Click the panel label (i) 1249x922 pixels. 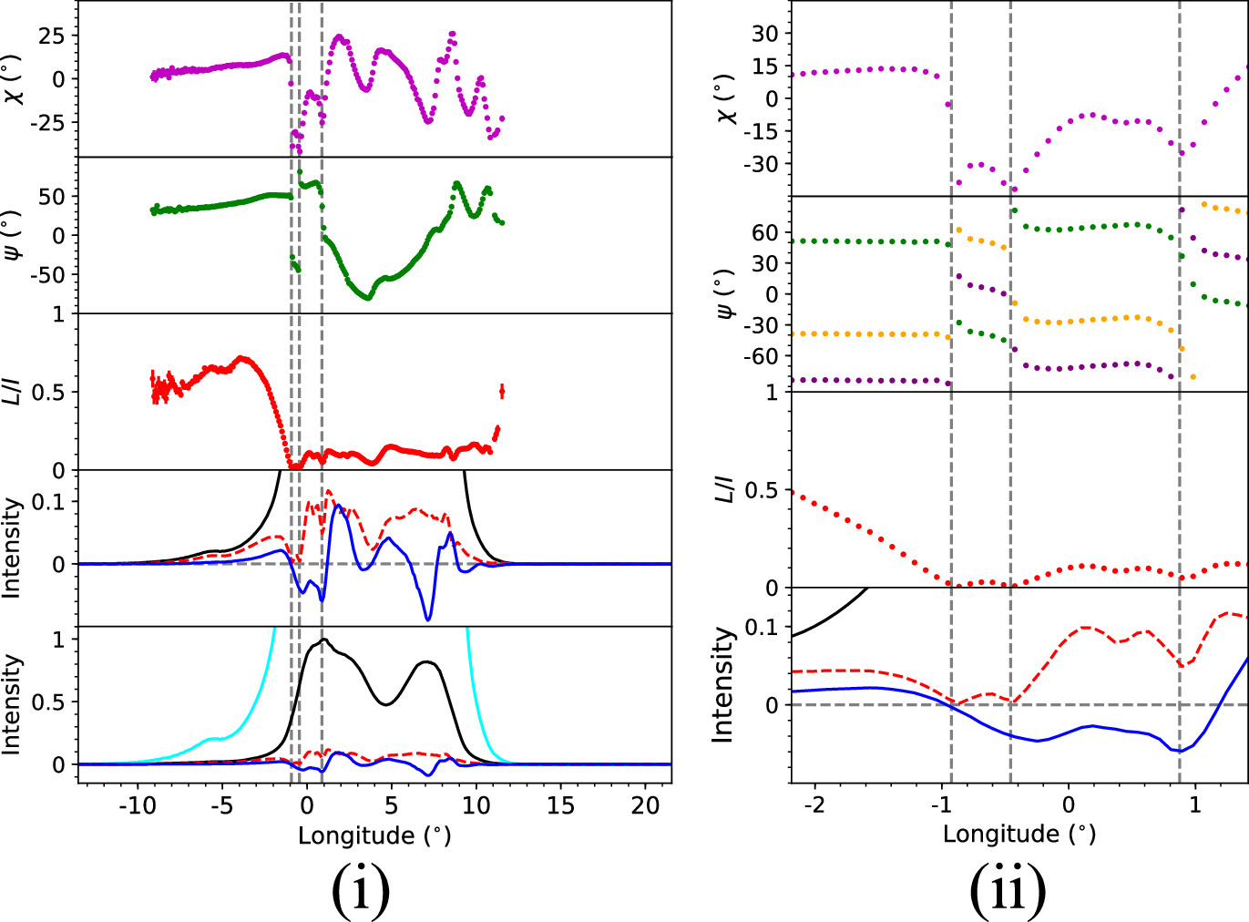tap(361, 890)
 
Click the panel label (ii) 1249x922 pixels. tap(1008, 890)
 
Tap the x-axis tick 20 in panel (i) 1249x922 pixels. tap(645, 805)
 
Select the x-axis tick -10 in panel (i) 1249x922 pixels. tap(137, 805)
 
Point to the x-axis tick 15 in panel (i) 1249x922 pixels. tap(560, 805)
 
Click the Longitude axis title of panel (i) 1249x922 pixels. tap(374, 835)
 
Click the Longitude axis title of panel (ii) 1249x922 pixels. tap(1019, 834)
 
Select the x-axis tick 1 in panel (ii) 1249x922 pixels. tap(1195, 805)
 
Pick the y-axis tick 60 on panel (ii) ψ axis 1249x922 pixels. tap(764, 232)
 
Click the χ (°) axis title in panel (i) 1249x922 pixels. tap(13, 79)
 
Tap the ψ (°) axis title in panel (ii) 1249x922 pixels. tap(725, 293)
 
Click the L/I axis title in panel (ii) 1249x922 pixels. tap(725, 490)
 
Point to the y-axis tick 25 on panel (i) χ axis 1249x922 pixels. tap(51, 36)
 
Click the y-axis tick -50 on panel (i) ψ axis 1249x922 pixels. tap(47, 274)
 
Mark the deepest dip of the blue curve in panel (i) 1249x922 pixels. tap(428, 620)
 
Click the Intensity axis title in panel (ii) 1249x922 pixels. tap(722, 684)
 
